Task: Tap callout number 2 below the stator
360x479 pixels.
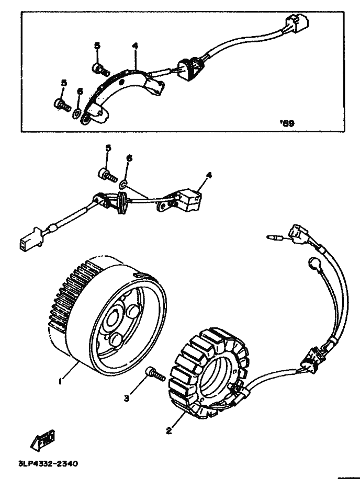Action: click(168, 431)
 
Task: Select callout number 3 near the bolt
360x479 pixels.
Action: click(127, 399)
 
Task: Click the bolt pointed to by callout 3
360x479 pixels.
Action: click(155, 373)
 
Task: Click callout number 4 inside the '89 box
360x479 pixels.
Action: click(135, 46)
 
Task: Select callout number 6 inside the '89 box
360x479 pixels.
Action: click(80, 92)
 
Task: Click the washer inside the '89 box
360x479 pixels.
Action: click(77, 111)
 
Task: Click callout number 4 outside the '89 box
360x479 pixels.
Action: click(208, 176)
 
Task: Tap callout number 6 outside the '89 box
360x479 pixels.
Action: click(129, 158)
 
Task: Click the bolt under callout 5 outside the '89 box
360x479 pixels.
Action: click(106, 174)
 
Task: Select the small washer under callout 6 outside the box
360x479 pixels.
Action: click(123, 184)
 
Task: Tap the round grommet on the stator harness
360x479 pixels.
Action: click(316, 264)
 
